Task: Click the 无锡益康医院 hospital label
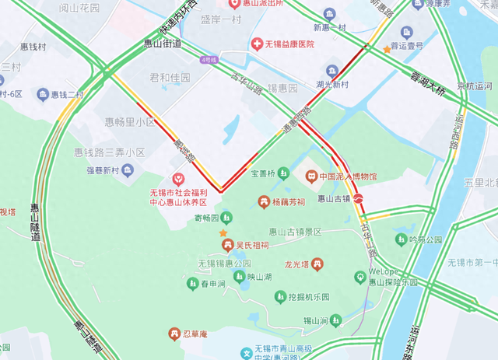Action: tap(289, 44)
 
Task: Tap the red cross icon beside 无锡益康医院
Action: tap(256, 44)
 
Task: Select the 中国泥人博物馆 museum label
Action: tap(348, 177)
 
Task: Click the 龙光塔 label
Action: tap(297, 265)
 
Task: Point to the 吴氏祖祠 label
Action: tap(253, 246)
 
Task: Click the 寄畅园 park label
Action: tap(207, 218)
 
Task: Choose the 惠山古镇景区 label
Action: tap(296, 232)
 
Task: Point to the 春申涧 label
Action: tap(212, 284)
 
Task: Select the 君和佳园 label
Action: tap(170, 78)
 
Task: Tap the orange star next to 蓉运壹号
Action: tap(387, 50)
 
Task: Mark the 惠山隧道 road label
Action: tap(36, 222)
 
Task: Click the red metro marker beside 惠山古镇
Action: tap(359, 198)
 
